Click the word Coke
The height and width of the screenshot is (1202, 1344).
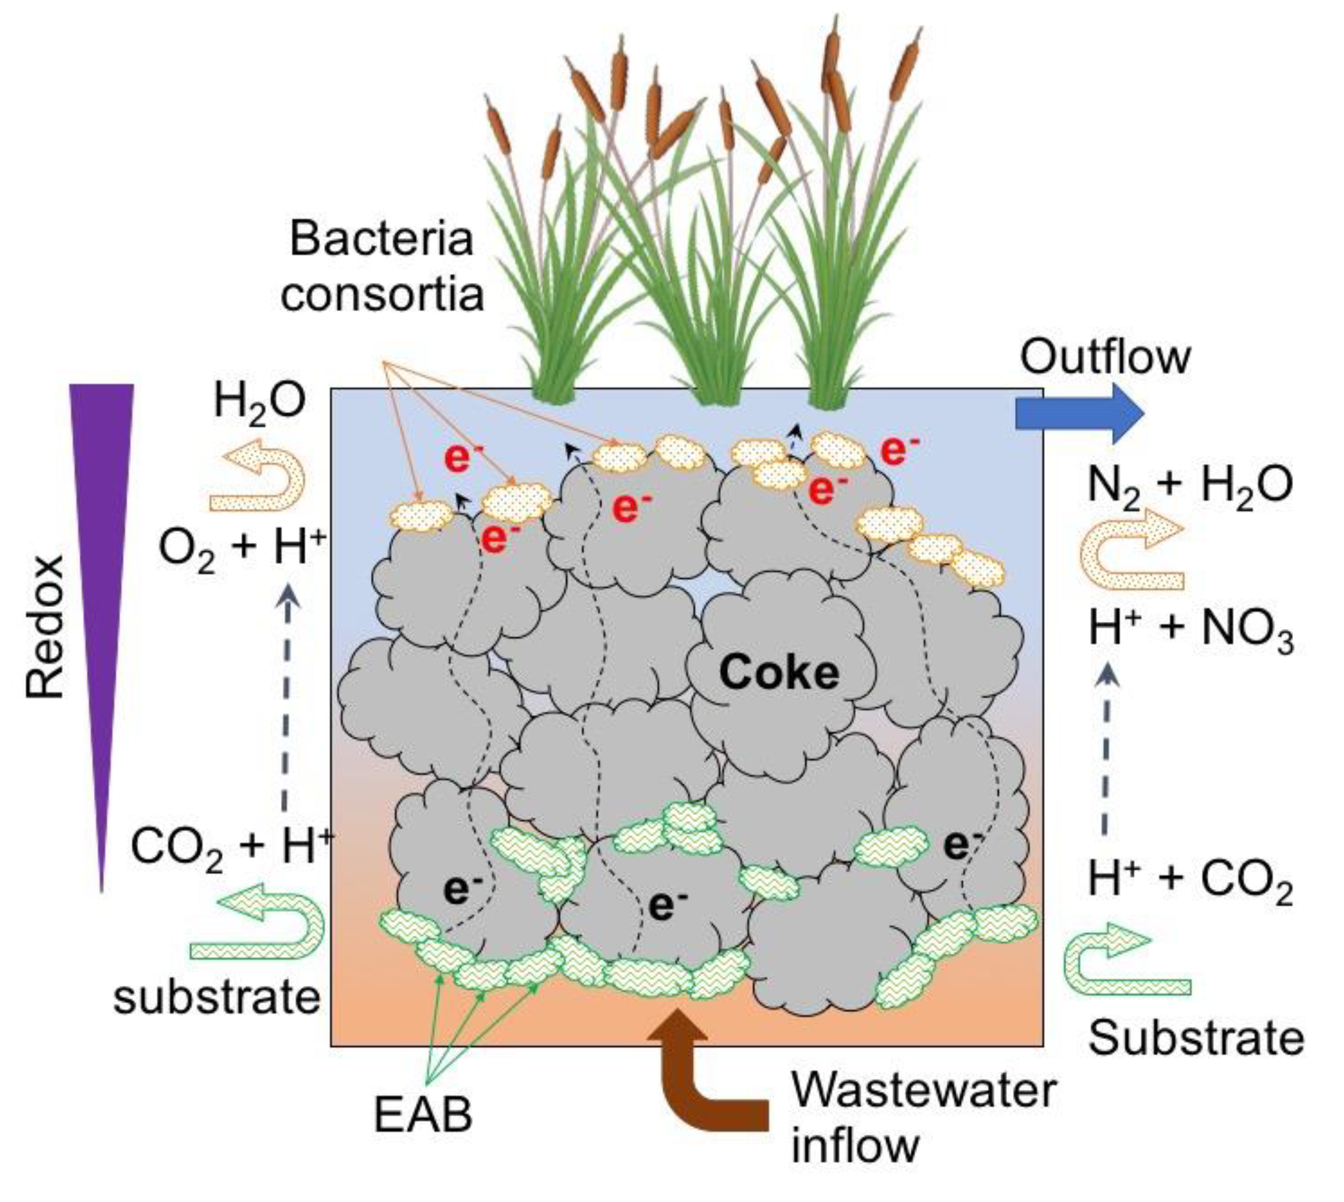pyautogui.click(x=779, y=673)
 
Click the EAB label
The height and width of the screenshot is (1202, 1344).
pyautogui.click(x=422, y=1116)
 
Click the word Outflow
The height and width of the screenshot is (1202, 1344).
pyautogui.click(x=1105, y=357)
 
